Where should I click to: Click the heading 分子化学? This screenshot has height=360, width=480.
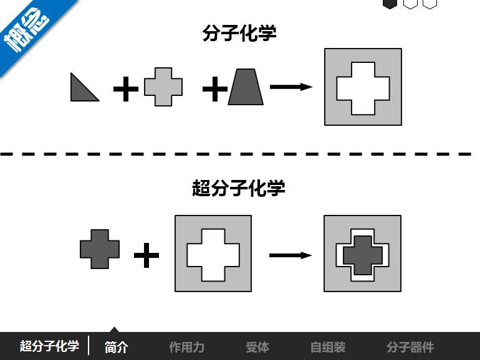(239, 33)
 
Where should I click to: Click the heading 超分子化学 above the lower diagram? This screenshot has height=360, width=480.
(239, 187)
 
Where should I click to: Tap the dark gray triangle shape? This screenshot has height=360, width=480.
(81, 90)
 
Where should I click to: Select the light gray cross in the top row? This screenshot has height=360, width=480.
(163, 87)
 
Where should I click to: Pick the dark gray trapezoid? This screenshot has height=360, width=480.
(246, 87)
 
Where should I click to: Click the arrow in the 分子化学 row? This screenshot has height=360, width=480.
(291, 87)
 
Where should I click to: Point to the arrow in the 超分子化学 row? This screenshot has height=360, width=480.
(290, 255)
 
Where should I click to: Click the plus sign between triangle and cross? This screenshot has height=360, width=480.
(126, 90)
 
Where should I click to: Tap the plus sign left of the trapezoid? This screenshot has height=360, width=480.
(214, 90)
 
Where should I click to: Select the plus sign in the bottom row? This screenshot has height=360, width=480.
(146, 255)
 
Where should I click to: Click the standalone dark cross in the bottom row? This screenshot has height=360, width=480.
(100, 249)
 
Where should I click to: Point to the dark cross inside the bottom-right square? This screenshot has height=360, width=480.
(362, 254)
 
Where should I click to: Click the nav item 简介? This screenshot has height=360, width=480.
(117, 347)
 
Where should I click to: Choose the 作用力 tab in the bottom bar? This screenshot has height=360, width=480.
(186, 347)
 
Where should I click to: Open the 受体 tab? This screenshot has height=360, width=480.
(257, 347)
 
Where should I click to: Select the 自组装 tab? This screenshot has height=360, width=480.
(328, 347)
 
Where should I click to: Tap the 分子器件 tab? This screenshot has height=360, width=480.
(410, 347)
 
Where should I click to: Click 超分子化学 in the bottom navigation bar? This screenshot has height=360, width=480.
(49, 346)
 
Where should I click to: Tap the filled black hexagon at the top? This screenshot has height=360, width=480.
(390, 3)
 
